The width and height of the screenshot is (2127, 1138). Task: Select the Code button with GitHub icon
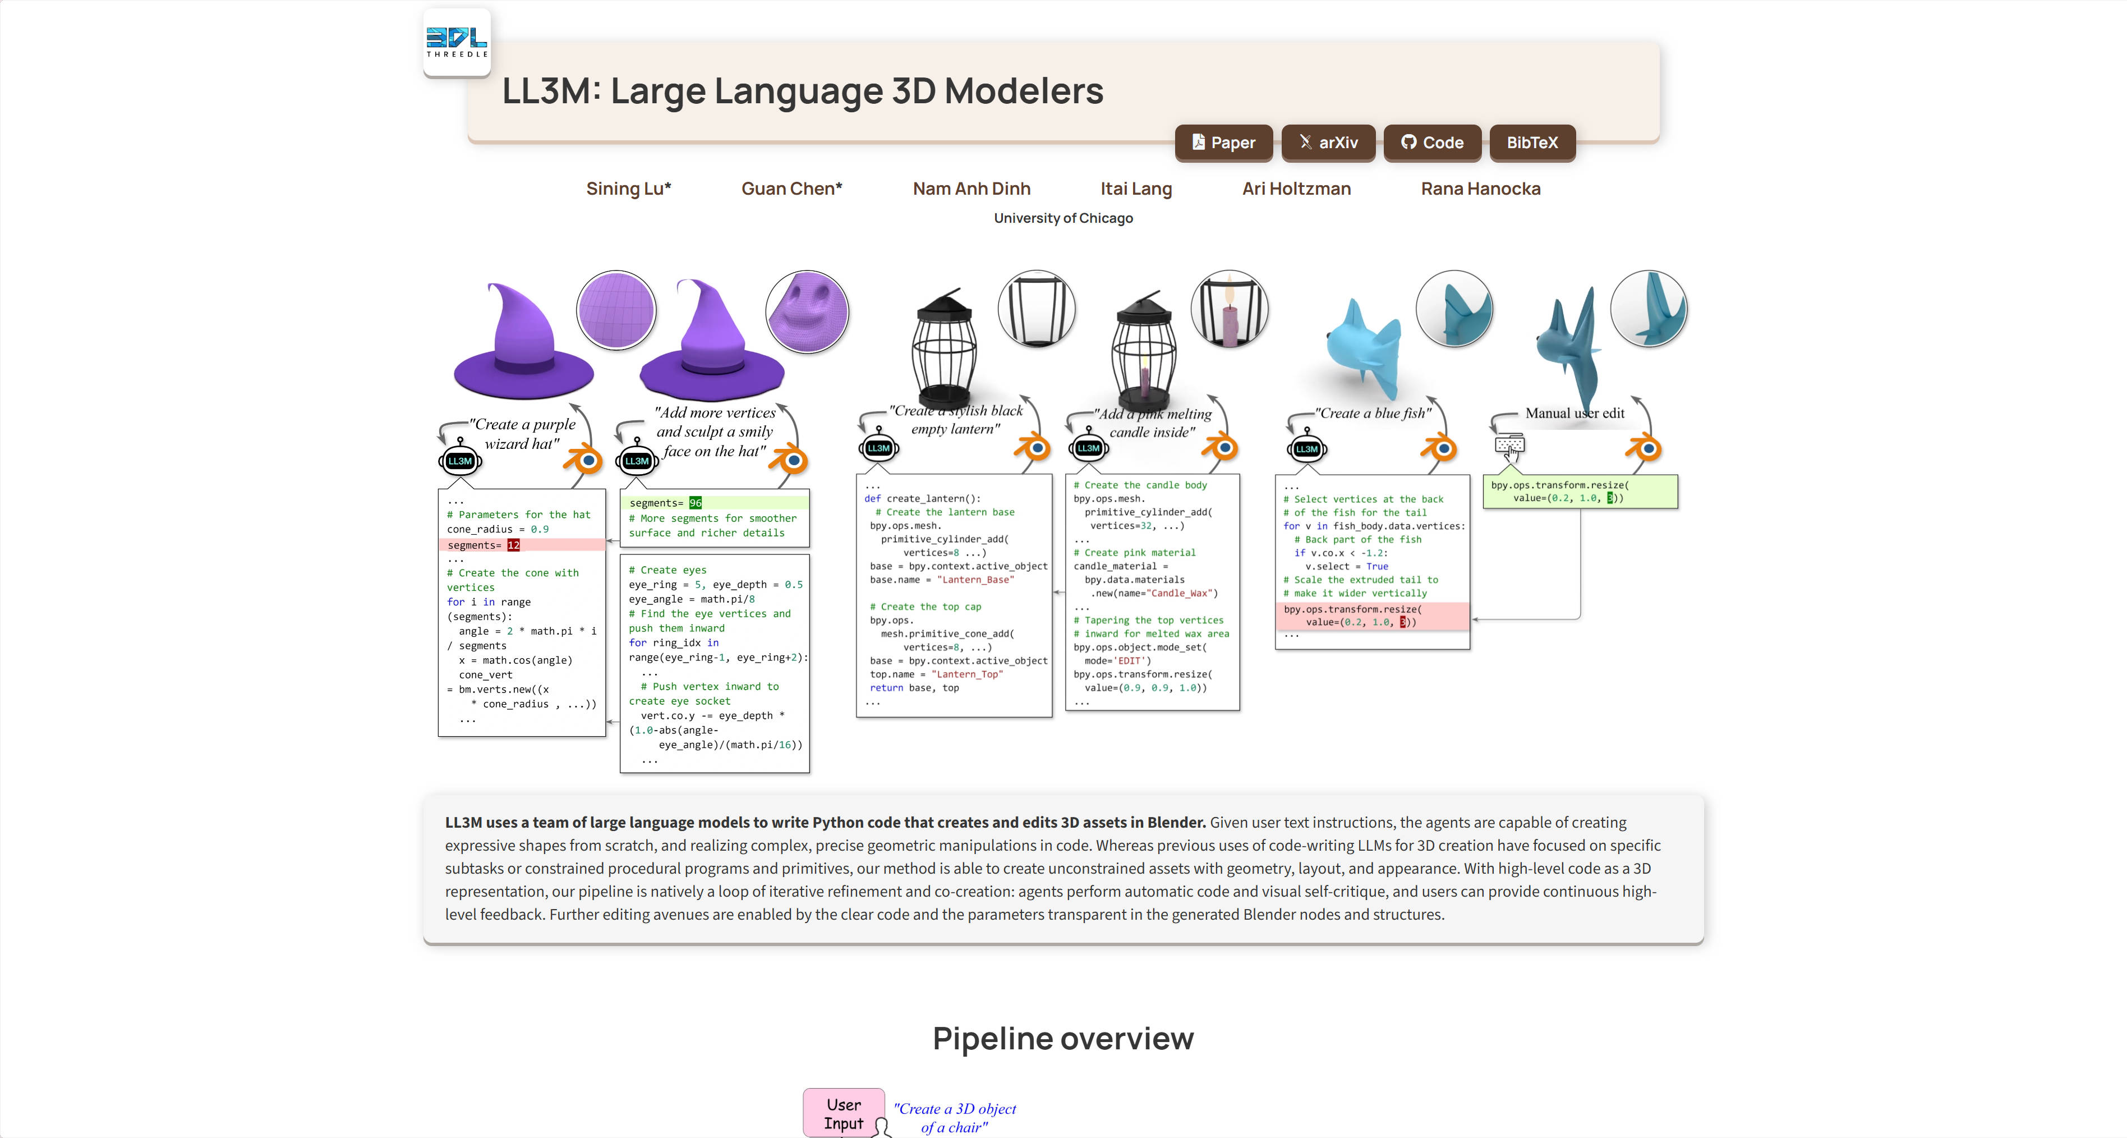[x=1432, y=143]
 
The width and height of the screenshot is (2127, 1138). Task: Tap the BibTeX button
[x=1532, y=143]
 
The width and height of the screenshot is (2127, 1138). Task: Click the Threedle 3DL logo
[x=457, y=42]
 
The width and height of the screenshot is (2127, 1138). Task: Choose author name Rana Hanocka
[x=1480, y=189]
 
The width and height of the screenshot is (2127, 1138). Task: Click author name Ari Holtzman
[x=1296, y=189]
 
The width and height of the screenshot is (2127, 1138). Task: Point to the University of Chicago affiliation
[x=1063, y=218]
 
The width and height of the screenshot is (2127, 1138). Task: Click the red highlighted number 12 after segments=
[x=514, y=545]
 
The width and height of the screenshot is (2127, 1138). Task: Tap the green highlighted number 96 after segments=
[x=695, y=503]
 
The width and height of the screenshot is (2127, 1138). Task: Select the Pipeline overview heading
[x=1063, y=1038]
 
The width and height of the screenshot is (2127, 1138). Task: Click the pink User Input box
[x=843, y=1113]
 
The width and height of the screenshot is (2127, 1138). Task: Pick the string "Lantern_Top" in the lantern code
[x=967, y=674]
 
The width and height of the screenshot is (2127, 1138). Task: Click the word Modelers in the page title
[x=1023, y=91]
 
